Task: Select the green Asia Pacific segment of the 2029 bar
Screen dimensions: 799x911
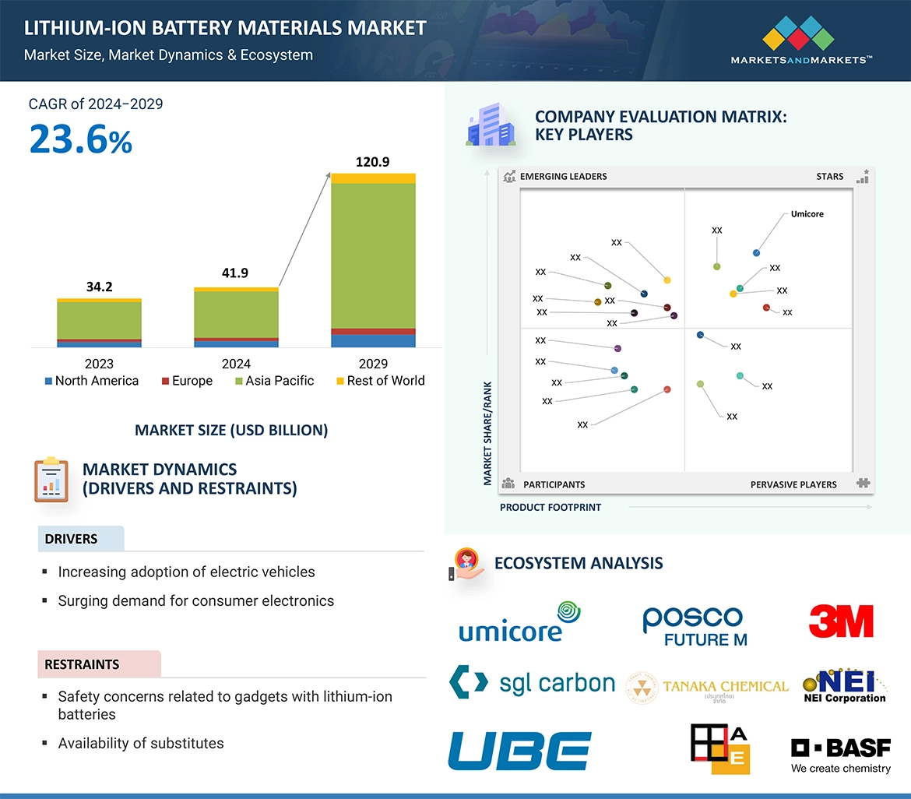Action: coord(373,255)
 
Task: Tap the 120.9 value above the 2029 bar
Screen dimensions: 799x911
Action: coord(372,162)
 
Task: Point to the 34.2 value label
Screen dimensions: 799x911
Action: coord(99,287)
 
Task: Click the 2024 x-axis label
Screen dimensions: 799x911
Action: coord(236,364)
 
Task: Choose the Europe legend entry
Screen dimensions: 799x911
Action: coord(187,381)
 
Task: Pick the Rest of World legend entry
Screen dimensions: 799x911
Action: coord(380,381)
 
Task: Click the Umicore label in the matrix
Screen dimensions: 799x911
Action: coord(807,214)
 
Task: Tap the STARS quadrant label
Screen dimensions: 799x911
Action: coord(830,177)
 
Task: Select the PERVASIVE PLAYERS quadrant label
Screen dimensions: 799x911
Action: coord(793,484)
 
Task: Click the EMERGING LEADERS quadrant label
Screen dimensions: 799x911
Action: coord(563,177)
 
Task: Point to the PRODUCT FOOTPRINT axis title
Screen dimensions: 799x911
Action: coord(550,507)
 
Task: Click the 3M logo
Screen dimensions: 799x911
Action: coord(841,621)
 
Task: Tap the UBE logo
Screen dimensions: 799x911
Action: coord(519,751)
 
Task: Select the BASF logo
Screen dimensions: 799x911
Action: coord(841,754)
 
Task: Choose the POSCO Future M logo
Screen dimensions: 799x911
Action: coord(694,626)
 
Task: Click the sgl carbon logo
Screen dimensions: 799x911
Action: coord(533,683)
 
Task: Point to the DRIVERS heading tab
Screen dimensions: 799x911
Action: coord(72,539)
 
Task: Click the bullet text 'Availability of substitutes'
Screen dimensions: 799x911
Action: coord(141,744)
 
